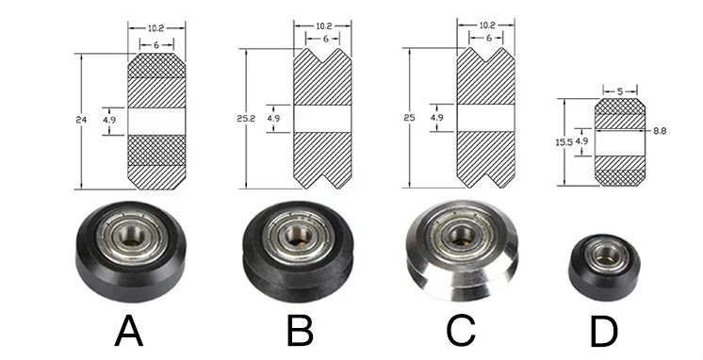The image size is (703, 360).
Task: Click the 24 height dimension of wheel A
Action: pyautogui.click(x=80, y=120)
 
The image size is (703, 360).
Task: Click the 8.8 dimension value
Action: pyautogui.click(x=661, y=132)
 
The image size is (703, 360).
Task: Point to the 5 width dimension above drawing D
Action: pyautogui.click(x=620, y=91)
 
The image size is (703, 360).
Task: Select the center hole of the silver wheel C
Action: pyautogui.click(x=462, y=234)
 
